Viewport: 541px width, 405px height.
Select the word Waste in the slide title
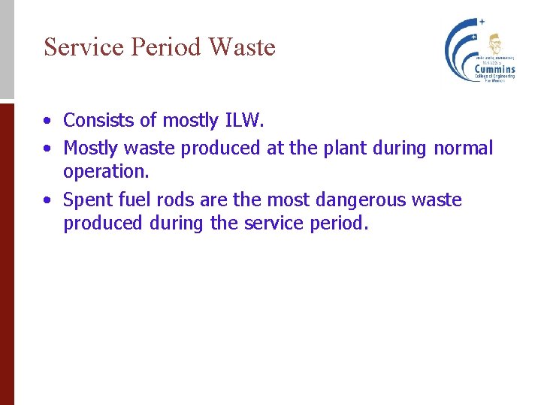(242, 47)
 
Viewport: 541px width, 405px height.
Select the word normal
(463, 148)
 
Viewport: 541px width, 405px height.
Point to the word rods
(176, 200)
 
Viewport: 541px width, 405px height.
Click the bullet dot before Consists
(47, 121)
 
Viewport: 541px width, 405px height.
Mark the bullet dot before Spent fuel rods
(47, 201)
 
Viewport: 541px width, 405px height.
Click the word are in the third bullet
(213, 200)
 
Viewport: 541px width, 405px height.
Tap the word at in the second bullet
(276, 148)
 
